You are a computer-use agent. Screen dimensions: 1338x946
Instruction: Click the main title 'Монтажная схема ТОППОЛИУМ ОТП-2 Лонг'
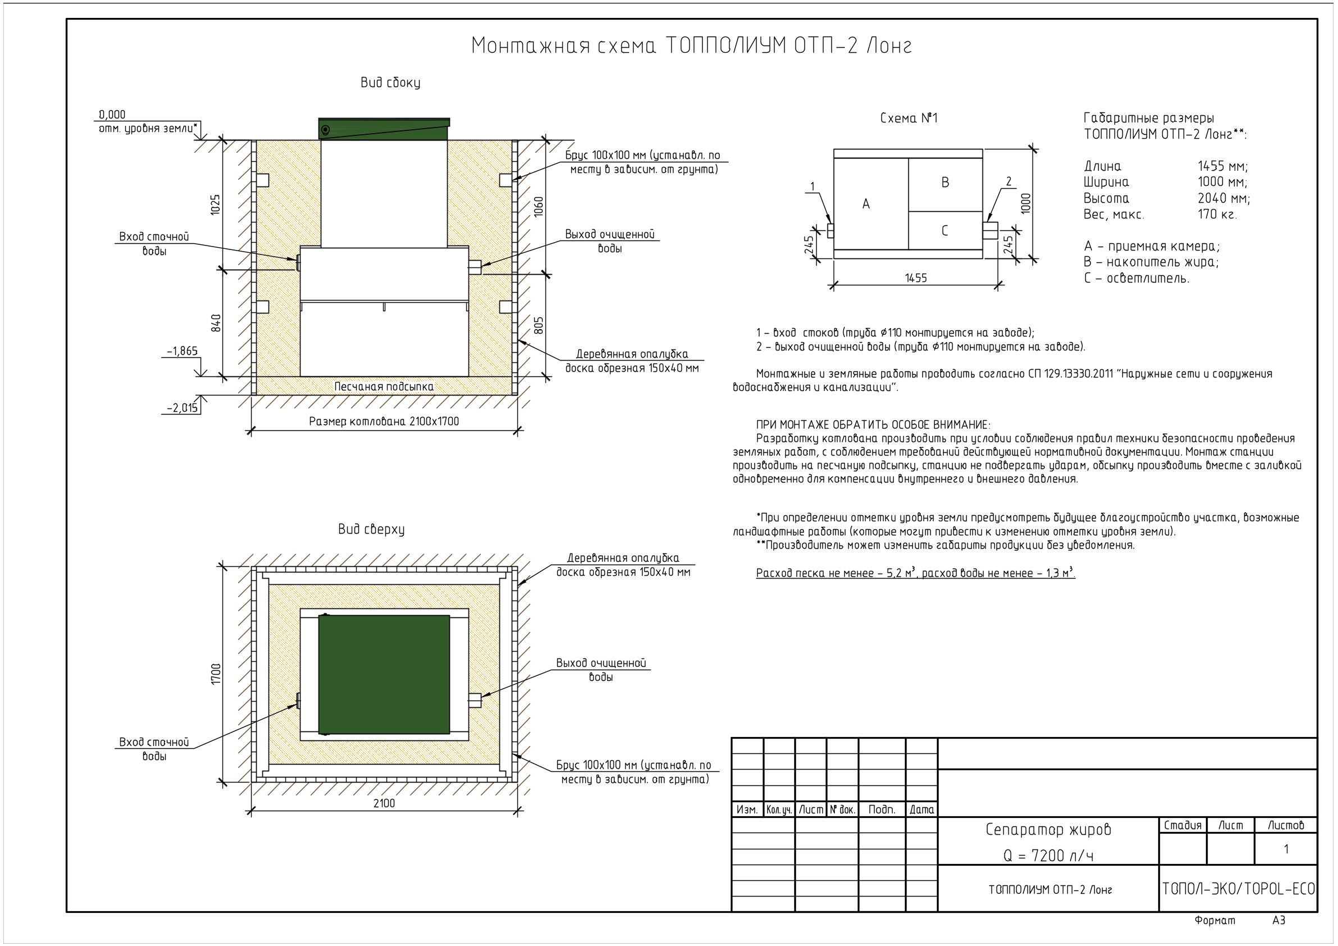pyautogui.click(x=691, y=46)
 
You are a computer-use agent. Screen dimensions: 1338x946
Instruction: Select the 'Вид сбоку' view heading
pyautogui.click(x=390, y=83)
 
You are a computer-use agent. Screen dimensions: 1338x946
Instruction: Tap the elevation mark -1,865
pyautogui.click(x=183, y=351)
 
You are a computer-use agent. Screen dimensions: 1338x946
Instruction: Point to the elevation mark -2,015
pyautogui.click(x=183, y=408)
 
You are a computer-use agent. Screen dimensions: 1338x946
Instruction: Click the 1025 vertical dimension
pyautogui.click(x=216, y=204)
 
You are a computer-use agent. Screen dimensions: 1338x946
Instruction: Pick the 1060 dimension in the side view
pyautogui.click(x=539, y=207)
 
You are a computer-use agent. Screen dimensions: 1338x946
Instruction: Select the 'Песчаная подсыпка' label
pyautogui.click(x=384, y=386)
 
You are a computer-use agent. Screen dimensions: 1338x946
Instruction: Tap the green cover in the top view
pyautogui.click(x=384, y=674)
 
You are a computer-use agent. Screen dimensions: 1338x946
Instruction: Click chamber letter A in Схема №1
pyautogui.click(x=866, y=204)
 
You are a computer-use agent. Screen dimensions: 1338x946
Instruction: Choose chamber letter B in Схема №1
pyautogui.click(x=945, y=183)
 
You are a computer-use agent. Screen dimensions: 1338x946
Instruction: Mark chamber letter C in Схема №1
pyautogui.click(x=945, y=231)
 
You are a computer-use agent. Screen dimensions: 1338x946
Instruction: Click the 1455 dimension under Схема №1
pyautogui.click(x=916, y=278)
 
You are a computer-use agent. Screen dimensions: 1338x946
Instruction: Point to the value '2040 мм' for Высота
pyautogui.click(x=1224, y=198)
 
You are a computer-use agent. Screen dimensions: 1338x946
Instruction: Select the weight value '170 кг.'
pyautogui.click(x=1217, y=214)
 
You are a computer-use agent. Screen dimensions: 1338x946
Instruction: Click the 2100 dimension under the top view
pyautogui.click(x=384, y=803)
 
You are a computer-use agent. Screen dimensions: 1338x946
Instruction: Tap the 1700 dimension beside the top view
pyautogui.click(x=216, y=674)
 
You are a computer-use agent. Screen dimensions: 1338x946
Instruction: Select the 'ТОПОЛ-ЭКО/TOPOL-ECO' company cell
pyautogui.click(x=1239, y=889)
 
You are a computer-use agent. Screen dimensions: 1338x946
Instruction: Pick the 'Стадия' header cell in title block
pyautogui.click(x=1182, y=825)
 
